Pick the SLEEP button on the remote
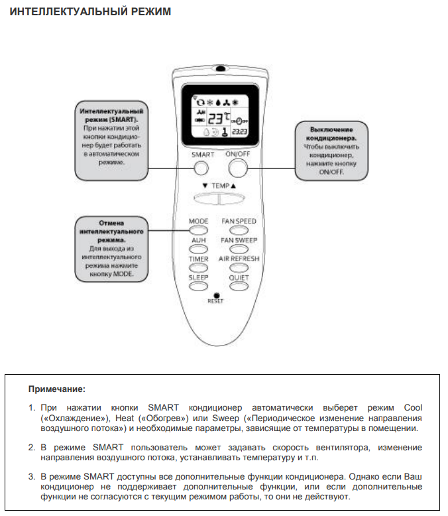(199, 286)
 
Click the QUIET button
(239, 286)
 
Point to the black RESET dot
(216, 294)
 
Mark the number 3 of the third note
(30, 477)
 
